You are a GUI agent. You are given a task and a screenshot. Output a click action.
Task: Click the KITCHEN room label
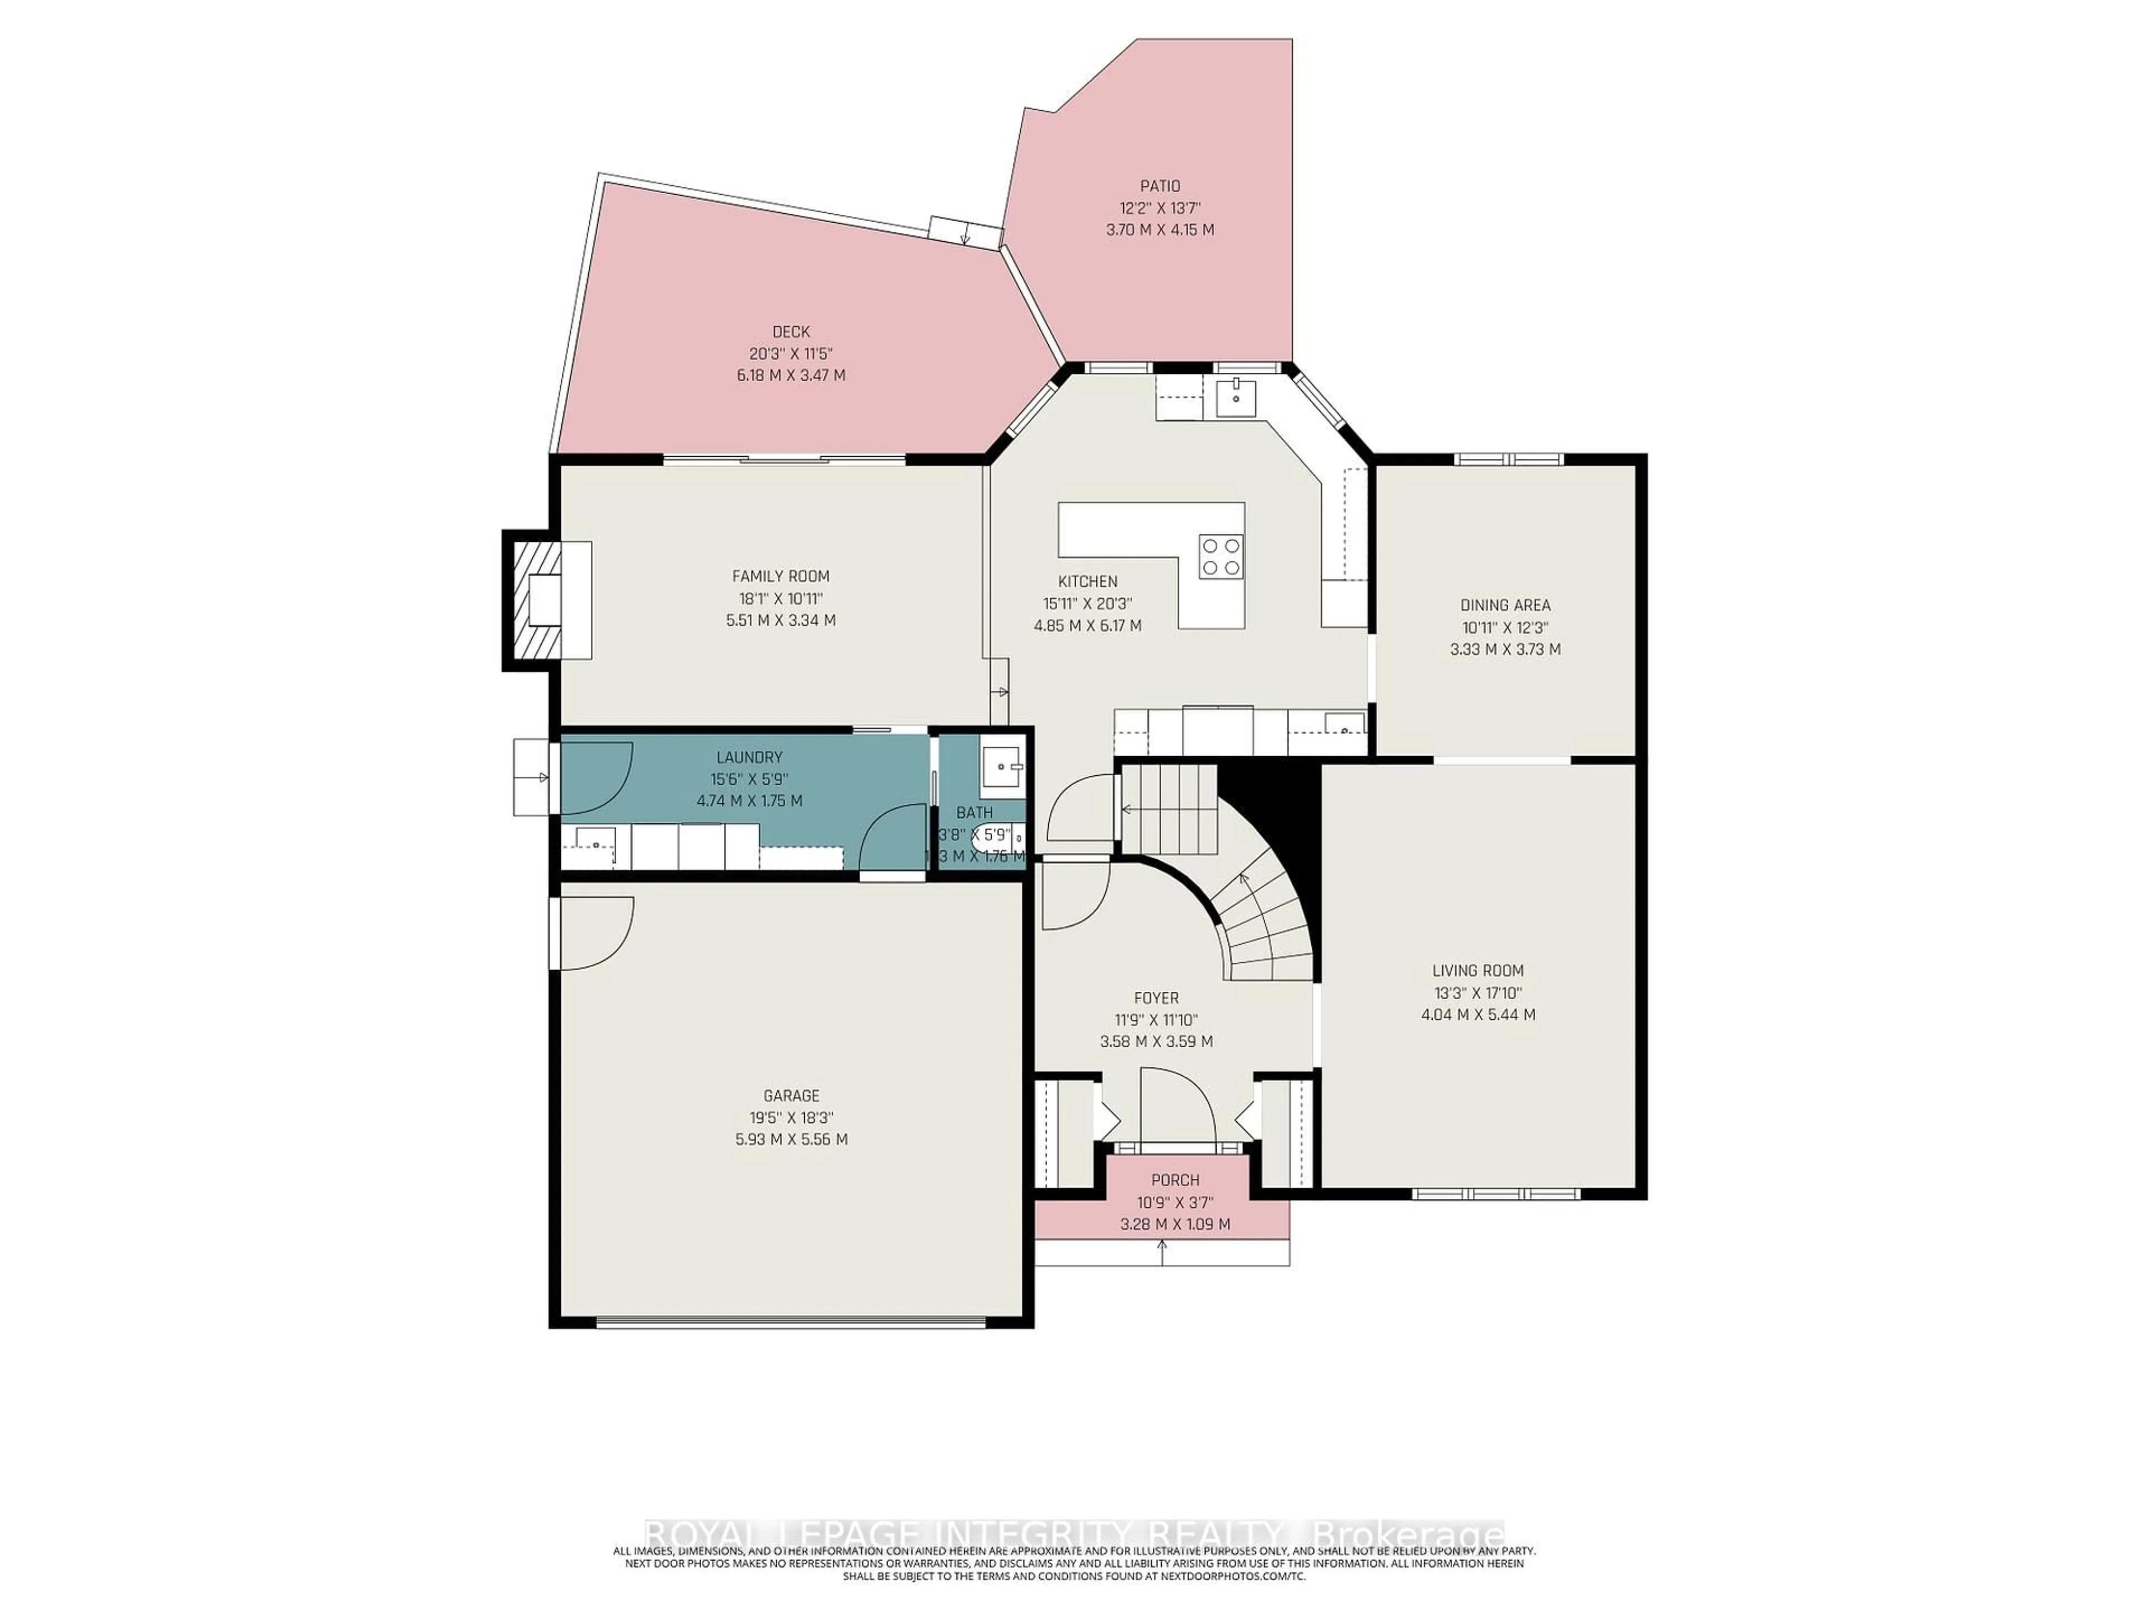(x=1087, y=581)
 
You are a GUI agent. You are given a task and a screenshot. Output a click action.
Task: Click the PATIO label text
(x=1160, y=186)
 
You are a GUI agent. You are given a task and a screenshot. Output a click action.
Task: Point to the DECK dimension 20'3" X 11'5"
(x=791, y=354)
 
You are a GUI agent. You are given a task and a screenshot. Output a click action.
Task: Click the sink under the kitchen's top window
(x=1236, y=396)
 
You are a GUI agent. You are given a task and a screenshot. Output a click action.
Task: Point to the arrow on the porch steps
(x=1162, y=1253)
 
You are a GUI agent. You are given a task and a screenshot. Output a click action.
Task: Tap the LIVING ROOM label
(x=1477, y=970)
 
